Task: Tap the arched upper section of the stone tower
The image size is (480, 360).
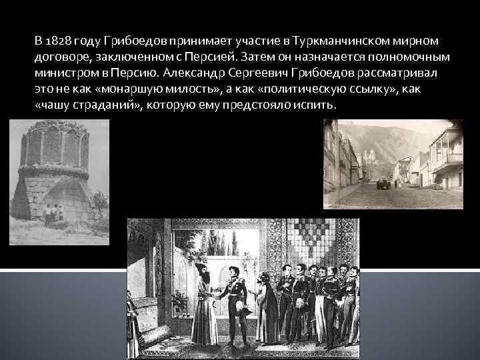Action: click(x=53, y=143)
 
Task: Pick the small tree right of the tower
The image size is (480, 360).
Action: click(x=100, y=200)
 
